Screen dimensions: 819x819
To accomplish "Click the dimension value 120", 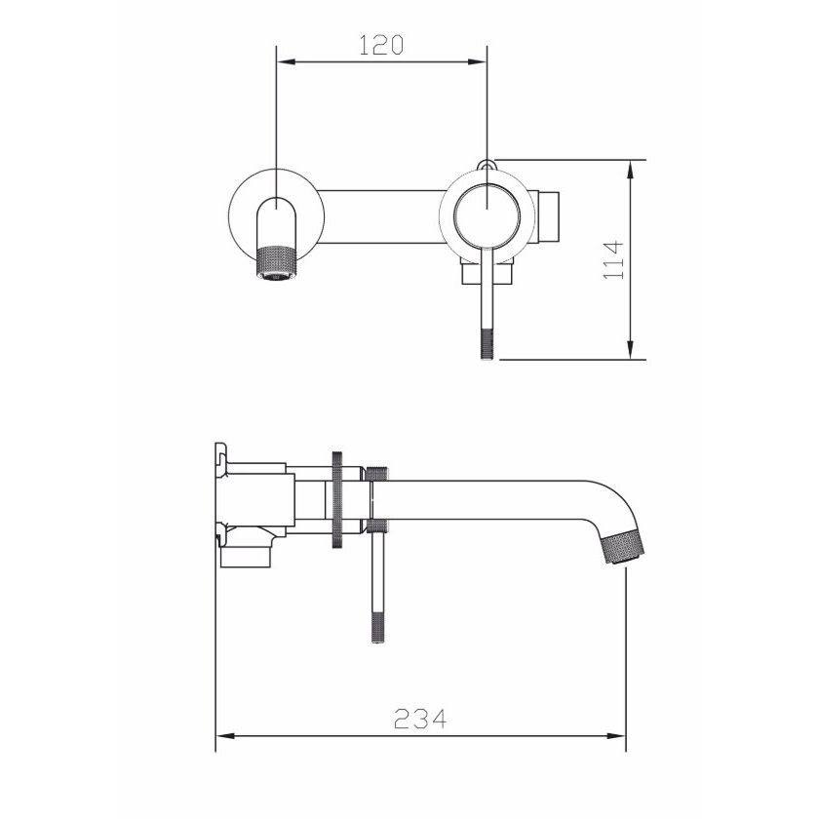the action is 381,45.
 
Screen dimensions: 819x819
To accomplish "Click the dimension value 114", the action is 613,259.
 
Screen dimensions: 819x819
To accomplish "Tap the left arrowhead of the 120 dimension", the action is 287,61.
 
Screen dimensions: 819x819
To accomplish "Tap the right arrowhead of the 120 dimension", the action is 478,61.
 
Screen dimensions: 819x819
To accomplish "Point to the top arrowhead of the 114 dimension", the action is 631,170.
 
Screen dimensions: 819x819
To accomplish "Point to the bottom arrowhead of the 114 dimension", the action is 631,350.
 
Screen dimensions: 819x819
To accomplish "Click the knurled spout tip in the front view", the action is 276,262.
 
